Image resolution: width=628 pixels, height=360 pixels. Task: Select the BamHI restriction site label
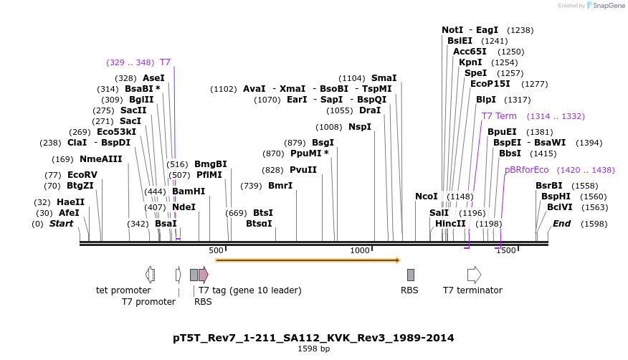click(189, 191)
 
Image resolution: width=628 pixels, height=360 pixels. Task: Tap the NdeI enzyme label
click(184, 207)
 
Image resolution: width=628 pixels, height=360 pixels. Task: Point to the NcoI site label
click(426, 196)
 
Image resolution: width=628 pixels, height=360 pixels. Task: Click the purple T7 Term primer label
click(499, 116)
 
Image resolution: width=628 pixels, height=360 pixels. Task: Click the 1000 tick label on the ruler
click(359, 250)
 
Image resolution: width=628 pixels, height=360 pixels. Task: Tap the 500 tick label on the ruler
click(216, 250)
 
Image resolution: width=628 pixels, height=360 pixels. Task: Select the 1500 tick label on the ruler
click(506, 250)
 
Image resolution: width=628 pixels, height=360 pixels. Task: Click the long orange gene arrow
click(308, 260)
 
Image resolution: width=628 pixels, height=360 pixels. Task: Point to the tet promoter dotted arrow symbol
click(150, 274)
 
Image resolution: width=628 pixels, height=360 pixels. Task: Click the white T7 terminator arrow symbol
click(474, 274)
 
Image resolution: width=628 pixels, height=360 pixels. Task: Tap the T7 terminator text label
click(472, 290)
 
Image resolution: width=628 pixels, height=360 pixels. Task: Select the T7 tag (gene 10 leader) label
click(249, 290)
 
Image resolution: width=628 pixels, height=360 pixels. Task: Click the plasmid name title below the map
click(313, 338)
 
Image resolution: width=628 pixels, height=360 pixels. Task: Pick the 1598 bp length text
click(314, 349)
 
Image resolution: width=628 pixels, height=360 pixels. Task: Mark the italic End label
click(561, 224)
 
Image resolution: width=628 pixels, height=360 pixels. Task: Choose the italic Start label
click(61, 224)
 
